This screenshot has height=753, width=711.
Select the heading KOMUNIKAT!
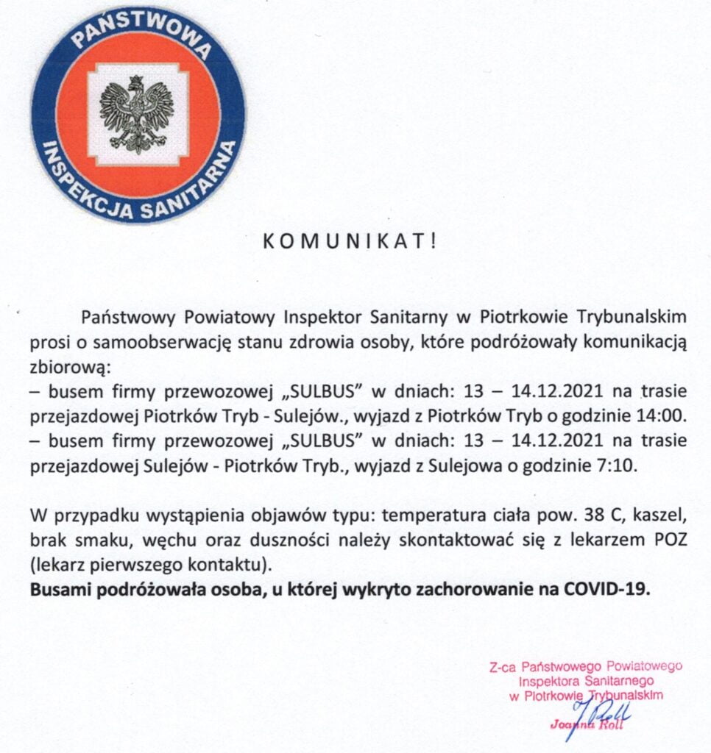click(x=350, y=243)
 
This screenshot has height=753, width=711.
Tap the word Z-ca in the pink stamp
click(x=503, y=668)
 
